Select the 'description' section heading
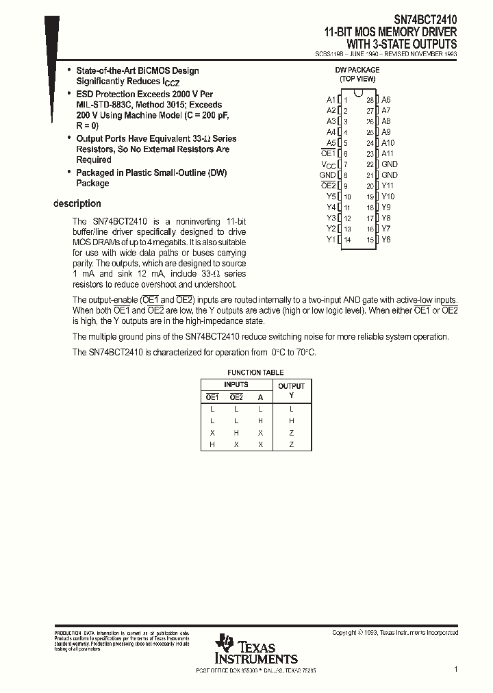point(77,203)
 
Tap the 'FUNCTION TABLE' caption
point(255,373)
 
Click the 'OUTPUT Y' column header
point(291,390)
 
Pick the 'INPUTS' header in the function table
point(236,385)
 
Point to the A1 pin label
point(331,100)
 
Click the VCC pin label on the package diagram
point(329,164)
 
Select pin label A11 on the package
point(388,153)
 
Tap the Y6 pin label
point(386,240)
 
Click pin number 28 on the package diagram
point(370,100)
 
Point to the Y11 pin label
point(388,186)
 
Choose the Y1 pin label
point(331,240)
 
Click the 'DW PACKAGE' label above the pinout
point(357,70)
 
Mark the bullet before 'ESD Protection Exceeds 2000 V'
point(68,93)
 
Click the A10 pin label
point(388,143)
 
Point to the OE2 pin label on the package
point(328,186)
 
